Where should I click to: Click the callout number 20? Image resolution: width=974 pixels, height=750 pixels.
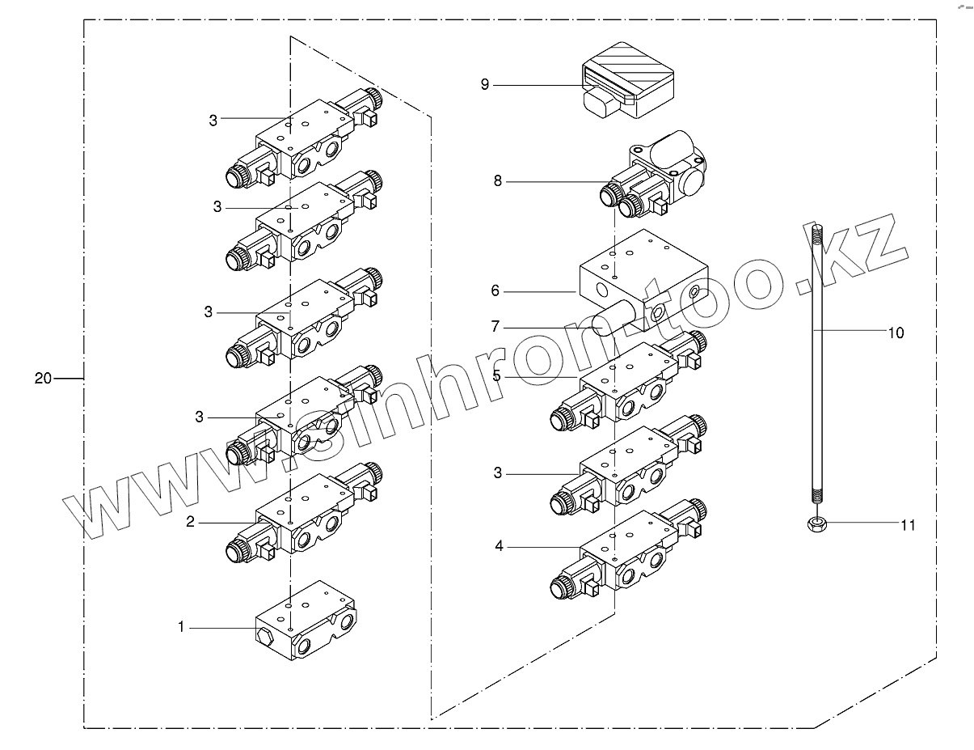43,378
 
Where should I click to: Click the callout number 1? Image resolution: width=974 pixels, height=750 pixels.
182,626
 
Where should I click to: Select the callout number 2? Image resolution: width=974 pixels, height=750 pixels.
191,523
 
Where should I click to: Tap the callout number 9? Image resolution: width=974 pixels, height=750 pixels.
485,85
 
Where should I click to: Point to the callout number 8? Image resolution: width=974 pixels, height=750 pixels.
497,181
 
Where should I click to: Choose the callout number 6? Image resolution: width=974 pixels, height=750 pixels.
495,291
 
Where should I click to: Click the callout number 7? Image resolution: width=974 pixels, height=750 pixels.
495,327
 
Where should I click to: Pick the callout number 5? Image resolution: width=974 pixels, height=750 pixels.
497,375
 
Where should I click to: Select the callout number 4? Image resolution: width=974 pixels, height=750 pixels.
500,547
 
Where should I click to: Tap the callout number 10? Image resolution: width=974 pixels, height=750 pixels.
896,332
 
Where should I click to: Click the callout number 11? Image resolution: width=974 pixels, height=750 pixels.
909,525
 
